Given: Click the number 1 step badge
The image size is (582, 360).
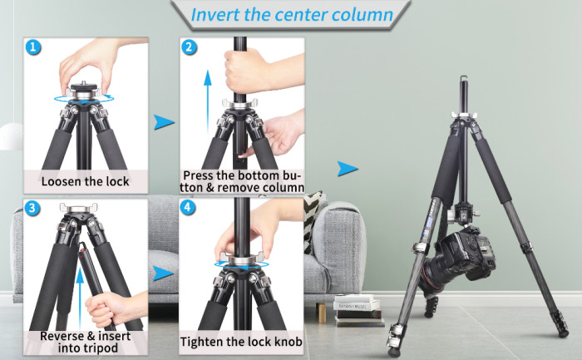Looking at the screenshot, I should [x=32, y=47].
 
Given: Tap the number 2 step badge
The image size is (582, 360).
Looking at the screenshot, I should [x=190, y=47].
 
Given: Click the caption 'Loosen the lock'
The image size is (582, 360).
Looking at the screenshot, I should [x=86, y=180].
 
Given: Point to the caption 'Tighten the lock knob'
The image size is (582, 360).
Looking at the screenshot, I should [x=241, y=342].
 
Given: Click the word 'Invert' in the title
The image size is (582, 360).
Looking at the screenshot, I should [x=215, y=15].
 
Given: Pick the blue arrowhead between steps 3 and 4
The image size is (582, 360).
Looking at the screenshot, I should [x=164, y=274].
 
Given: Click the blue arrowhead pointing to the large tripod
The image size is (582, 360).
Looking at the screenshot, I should [x=348, y=169].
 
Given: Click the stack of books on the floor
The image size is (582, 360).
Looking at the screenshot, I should [x=358, y=308].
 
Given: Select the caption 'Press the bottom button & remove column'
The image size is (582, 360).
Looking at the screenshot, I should [x=241, y=181].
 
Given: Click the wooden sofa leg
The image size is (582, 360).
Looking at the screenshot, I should [x=320, y=309].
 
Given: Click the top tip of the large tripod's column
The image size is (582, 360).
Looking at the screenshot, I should [x=464, y=79].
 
